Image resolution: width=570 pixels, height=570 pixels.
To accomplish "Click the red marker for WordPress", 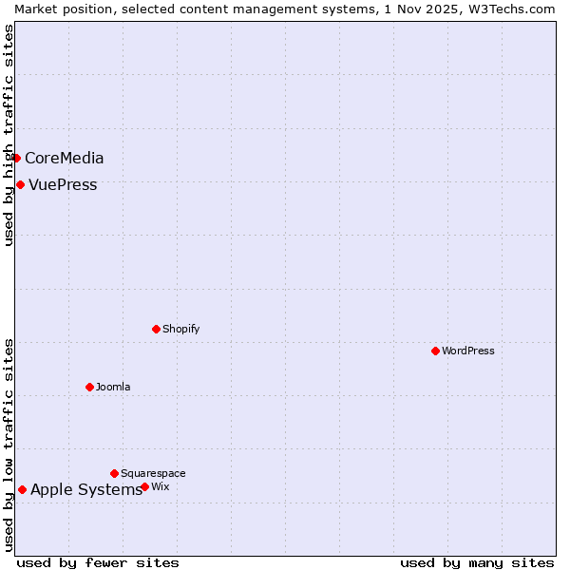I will pos(435,351).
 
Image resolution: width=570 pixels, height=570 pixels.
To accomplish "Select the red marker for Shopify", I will pos(156,329).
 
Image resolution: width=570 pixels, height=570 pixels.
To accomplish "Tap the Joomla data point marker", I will pos(89,387).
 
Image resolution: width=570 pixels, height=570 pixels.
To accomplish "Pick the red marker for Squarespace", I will pos(114,473).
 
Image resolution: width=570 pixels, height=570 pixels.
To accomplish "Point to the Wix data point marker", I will pos(144,486).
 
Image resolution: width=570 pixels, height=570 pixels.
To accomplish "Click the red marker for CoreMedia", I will pos(16,158).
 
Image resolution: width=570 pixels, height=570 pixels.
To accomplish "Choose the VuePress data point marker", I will pos(20,184).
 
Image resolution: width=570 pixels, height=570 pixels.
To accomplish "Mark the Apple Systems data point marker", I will pos(22,489).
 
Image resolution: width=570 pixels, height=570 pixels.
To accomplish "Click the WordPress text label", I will pos(468,351).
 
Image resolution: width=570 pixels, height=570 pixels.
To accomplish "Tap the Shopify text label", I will pos(181,329).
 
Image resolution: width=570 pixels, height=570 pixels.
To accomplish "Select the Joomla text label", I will pos(113,387).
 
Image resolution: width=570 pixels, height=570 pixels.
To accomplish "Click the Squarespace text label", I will pos(153,473).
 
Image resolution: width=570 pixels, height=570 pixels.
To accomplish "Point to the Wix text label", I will pos(161,486).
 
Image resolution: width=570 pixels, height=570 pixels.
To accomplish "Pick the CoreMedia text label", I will pos(65,158).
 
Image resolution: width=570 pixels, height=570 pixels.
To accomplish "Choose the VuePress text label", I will pos(63,184).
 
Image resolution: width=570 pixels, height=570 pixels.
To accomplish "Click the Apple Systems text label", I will pos(86,489).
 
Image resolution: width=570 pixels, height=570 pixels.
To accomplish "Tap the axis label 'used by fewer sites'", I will pos(98,562).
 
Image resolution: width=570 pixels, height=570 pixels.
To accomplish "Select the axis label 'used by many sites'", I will pos(477,562).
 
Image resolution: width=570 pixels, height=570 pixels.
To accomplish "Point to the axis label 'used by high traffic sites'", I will pos(9,135).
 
